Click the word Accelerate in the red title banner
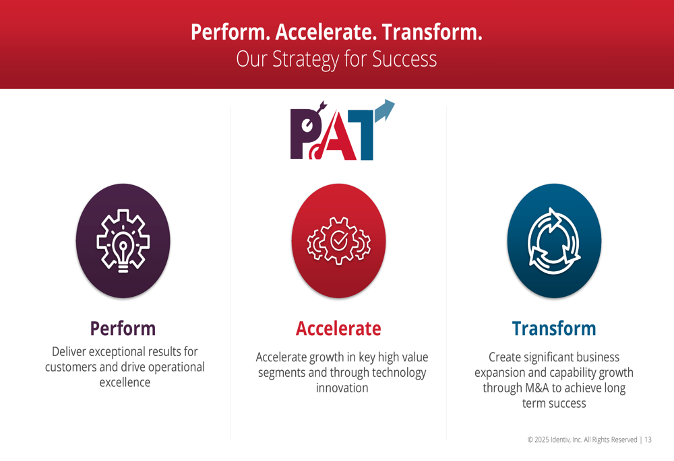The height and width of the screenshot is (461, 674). (326, 32)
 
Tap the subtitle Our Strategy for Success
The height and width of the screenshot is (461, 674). (336, 59)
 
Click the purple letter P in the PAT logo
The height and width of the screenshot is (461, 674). (305, 134)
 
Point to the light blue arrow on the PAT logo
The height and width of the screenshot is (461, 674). (385, 110)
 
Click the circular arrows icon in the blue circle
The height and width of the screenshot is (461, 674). (554, 241)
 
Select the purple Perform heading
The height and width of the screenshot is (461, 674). (123, 329)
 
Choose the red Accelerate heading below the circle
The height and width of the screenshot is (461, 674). (338, 329)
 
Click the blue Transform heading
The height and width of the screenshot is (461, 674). (554, 329)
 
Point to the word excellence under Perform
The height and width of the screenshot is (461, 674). (125, 382)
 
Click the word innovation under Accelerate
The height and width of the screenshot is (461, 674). (342, 388)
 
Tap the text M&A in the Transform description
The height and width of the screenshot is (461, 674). (537, 388)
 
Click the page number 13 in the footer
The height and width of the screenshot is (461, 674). (648, 439)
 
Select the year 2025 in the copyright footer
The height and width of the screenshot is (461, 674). (542, 439)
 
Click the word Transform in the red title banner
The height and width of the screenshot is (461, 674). (432, 32)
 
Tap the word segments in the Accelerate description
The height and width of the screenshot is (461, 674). (282, 374)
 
